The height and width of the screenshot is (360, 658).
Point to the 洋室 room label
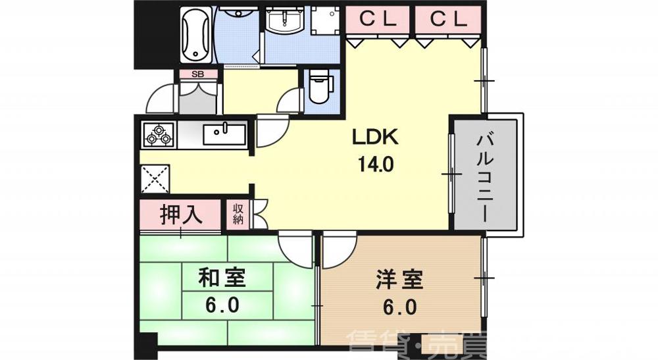coord(395,279)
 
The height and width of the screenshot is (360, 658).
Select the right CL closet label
coord(448,20)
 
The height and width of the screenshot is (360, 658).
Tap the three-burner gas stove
coord(159,135)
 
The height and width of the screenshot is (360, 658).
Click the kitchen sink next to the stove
coord(224,134)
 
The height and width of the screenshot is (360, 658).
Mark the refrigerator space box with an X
coord(155,178)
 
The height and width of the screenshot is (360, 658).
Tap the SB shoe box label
coord(197,74)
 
